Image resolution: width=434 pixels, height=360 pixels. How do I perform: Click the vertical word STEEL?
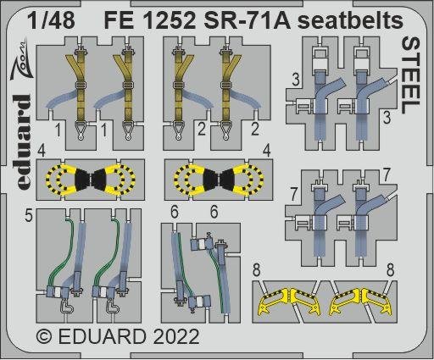[408, 77]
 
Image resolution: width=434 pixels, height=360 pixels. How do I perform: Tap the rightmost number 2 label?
[254, 131]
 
